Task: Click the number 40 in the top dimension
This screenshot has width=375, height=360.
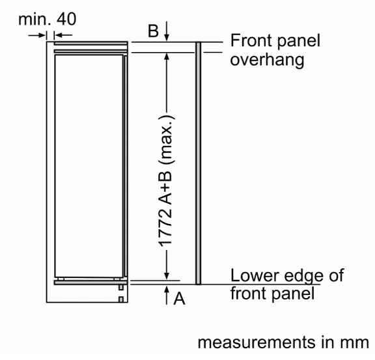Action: tap(66, 19)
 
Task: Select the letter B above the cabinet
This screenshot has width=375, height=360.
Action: tap(153, 31)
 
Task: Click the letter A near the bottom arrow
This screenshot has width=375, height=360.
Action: tap(180, 299)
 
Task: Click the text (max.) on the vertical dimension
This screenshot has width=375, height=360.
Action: tap(167, 140)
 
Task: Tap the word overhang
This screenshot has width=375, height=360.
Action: tap(267, 61)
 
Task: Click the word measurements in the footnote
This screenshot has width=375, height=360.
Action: tap(257, 342)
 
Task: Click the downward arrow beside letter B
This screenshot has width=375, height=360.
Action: tap(167, 31)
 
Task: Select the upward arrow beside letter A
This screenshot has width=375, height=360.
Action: tap(167, 295)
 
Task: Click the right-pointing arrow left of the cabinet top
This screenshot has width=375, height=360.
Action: tap(37, 35)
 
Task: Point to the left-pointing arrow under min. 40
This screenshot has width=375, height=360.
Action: tap(63, 35)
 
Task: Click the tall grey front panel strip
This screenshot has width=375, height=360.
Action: tap(199, 163)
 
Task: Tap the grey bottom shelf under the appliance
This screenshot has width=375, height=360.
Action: tap(90, 283)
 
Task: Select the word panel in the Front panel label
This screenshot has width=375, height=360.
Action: tap(299, 42)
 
